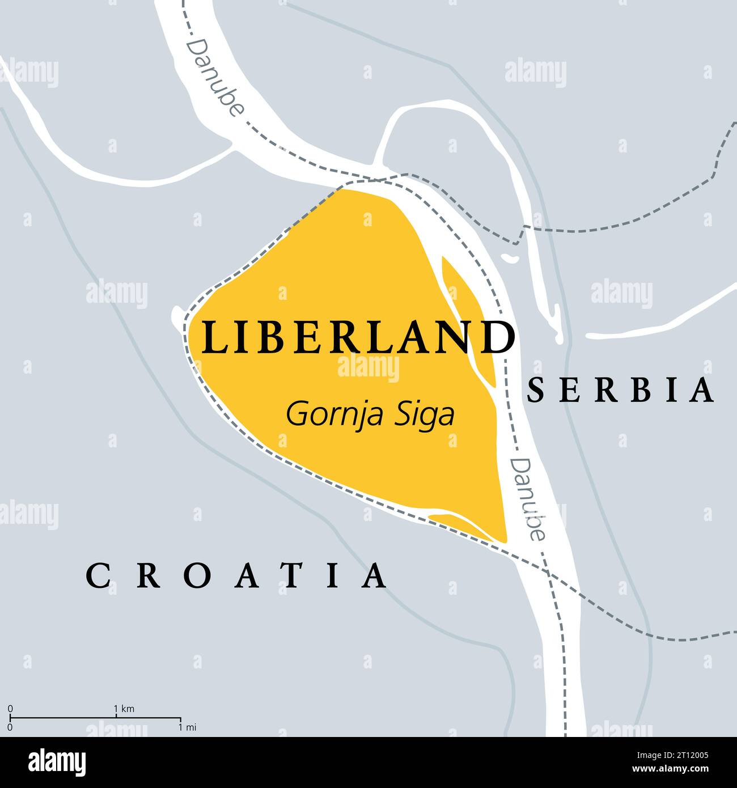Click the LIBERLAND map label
click(x=358, y=338)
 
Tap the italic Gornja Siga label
click(x=370, y=414)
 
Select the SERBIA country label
click(x=620, y=391)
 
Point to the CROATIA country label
click(x=238, y=576)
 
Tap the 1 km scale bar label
click(x=124, y=709)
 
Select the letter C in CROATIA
click(x=97, y=576)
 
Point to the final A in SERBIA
click(x=703, y=391)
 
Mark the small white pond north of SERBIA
click(x=510, y=258)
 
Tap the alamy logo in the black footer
click(x=58, y=762)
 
